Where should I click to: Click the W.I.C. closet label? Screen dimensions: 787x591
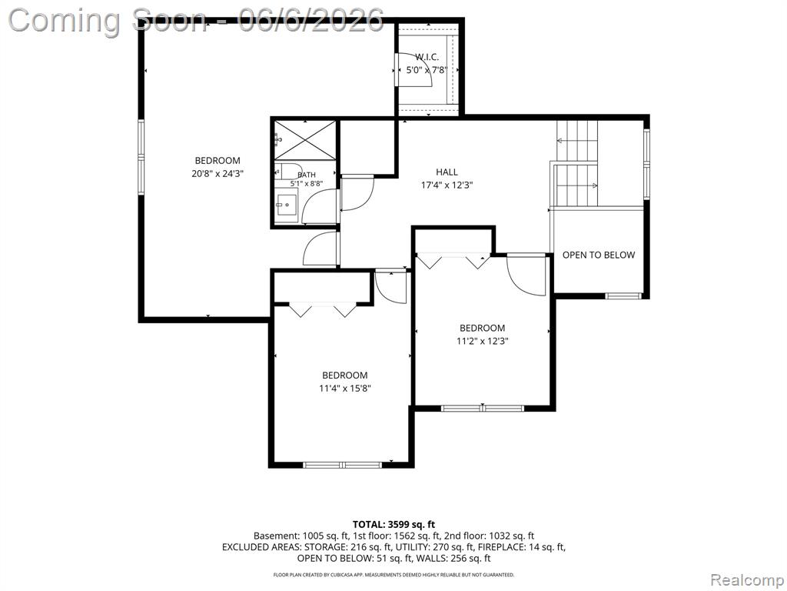(x=427, y=57)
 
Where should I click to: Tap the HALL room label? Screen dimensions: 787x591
(x=447, y=172)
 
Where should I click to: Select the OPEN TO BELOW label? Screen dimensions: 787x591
(x=598, y=255)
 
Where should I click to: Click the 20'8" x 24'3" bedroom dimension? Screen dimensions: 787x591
(x=218, y=174)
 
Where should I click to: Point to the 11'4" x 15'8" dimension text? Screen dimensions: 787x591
(x=345, y=388)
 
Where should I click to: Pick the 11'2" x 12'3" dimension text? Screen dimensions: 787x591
(x=483, y=341)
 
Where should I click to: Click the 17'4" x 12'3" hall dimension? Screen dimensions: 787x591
(x=447, y=185)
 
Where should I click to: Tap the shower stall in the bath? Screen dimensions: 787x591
(x=305, y=140)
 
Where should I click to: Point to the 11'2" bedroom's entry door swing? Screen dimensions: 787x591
(x=526, y=275)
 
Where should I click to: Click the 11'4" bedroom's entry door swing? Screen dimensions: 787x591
(x=390, y=286)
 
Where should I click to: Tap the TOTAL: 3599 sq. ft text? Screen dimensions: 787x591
(x=393, y=525)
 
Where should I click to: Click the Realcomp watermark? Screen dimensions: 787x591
(x=747, y=579)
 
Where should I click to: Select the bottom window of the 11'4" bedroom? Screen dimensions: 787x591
(x=344, y=465)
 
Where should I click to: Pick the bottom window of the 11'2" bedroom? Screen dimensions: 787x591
(x=483, y=408)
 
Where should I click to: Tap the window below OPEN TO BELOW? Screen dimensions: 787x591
(x=623, y=296)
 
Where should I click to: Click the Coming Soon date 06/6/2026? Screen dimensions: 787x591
(x=311, y=20)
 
